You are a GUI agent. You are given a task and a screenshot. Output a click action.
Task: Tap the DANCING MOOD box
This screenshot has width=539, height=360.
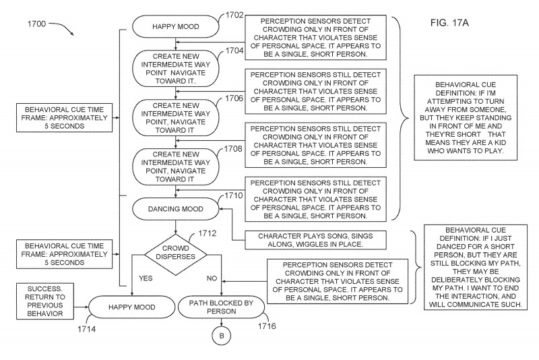pyautogui.click(x=175, y=209)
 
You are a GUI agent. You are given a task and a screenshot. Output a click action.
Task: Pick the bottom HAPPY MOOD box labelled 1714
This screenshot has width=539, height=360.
pyautogui.click(x=131, y=307)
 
